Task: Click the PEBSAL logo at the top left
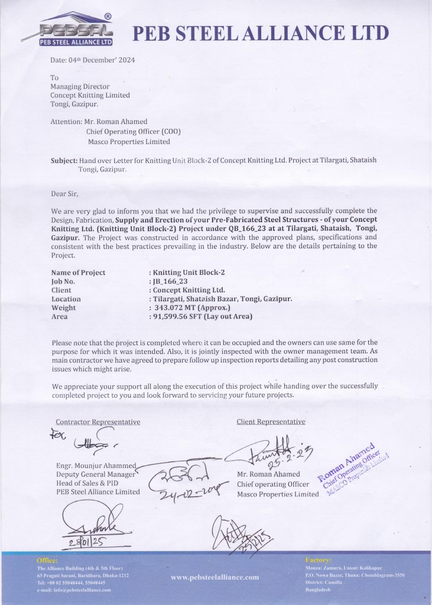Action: click(x=76, y=30)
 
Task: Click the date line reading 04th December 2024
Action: click(x=93, y=60)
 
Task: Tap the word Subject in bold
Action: click(x=64, y=161)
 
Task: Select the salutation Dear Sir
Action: click(x=64, y=193)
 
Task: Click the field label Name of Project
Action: click(x=78, y=273)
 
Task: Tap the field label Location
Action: click(x=66, y=300)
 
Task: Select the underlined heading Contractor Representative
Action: click(x=98, y=422)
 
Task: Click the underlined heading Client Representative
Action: click(x=271, y=422)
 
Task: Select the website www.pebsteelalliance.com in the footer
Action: click(x=215, y=577)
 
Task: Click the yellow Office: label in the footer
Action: click(x=47, y=560)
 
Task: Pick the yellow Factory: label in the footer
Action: click(x=319, y=560)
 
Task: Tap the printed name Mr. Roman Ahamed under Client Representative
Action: click(x=268, y=474)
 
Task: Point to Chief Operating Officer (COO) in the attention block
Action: click(x=133, y=131)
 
